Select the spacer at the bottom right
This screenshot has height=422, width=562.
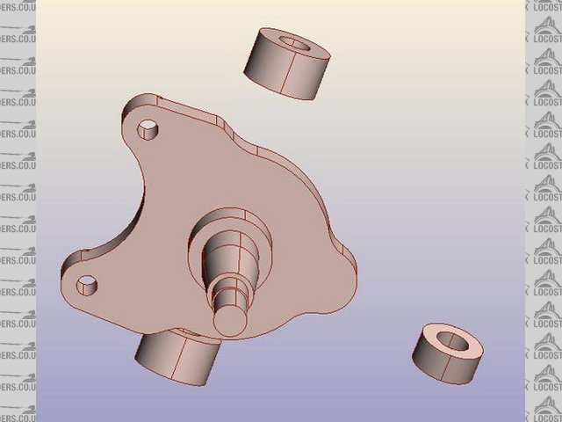[447, 353]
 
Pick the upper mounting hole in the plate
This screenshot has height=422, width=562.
[149, 132]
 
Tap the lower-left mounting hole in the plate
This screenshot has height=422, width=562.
[87, 283]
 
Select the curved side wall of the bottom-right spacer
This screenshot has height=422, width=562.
[439, 365]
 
